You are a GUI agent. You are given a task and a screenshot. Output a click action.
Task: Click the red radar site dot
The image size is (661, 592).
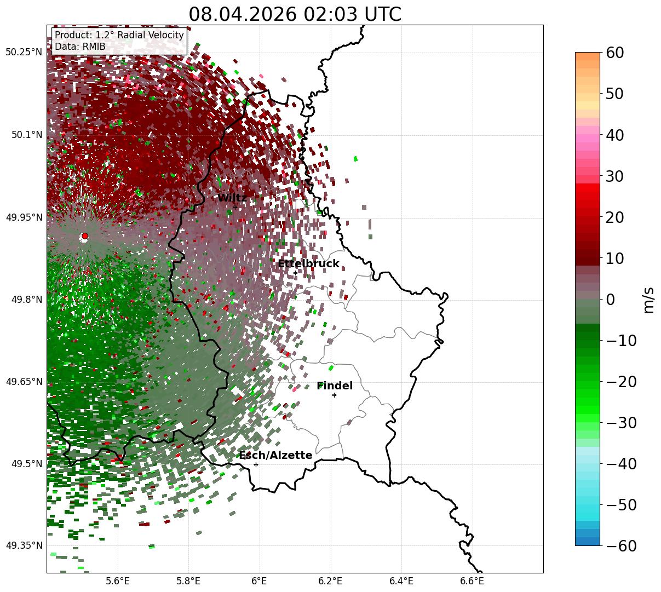click(x=85, y=235)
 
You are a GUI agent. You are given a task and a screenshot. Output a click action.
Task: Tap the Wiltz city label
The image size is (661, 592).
click(x=232, y=198)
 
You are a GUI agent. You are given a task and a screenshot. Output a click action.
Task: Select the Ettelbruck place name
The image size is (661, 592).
click(x=308, y=263)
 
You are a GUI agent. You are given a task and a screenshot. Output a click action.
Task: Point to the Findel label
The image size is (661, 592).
click(x=335, y=386)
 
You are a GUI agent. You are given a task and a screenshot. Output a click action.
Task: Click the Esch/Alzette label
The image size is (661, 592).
click(x=275, y=455)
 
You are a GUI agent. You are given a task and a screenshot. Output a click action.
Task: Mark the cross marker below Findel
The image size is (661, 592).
click(x=334, y=395)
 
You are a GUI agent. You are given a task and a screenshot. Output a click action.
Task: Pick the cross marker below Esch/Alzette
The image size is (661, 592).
click(x=256, y=464)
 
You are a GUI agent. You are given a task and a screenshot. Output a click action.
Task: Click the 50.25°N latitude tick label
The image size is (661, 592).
click(x=24, y=52)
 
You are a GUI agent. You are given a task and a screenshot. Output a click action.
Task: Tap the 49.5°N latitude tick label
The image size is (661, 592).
click(x=27, y=464)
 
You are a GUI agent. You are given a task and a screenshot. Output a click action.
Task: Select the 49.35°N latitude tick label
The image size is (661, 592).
click(x=24, y=545)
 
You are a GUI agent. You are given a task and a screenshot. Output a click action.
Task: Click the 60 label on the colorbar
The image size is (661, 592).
click(x=615, y=53)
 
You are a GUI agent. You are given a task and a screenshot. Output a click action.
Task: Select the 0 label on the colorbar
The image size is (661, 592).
click(x=611, y=299)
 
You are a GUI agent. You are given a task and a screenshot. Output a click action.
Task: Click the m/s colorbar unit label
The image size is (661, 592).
click(x=648, y=300)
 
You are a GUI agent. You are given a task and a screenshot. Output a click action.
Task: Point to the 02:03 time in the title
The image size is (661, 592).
click(x=330, y=14)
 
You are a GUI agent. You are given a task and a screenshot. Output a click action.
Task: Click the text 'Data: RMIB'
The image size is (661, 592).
click(x=81, y=47)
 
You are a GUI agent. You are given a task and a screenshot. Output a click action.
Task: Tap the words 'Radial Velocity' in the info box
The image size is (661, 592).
click(x=151, y=35)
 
